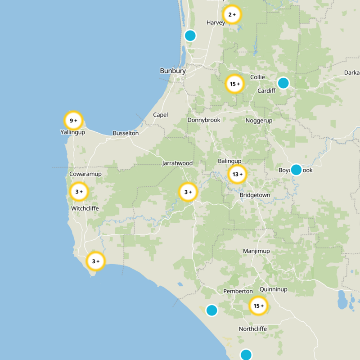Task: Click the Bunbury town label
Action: click(x=173, y=71)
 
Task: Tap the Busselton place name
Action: click(x=126, y=133)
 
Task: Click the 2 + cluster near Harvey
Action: click(x=232, y=15)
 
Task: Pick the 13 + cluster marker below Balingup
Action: click(x=237, y=174)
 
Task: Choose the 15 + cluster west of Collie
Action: click(x=234, y=84)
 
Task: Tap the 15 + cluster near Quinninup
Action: click(x=258, y=306)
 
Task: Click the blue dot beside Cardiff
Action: click(x=283, y=83)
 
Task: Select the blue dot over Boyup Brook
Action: click(x=296, y=170)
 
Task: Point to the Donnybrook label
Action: click(x=204, y=120)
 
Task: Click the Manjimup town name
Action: click(x=255, y=251)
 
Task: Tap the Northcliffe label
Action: click(x=253, y=329)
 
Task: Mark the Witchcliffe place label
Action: click(x=85, y=209)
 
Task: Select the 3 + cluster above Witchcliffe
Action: click(x=79, y=192)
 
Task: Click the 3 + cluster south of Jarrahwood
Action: click(x=188, y=192)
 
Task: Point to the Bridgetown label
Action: click(x=255, y=195)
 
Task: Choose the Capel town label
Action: click(x=160, y=115)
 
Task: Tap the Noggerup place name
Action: click(x=260, y=121)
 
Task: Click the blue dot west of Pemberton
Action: click(x=211, y=310)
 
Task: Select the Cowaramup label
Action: click(x=85, y=174)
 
